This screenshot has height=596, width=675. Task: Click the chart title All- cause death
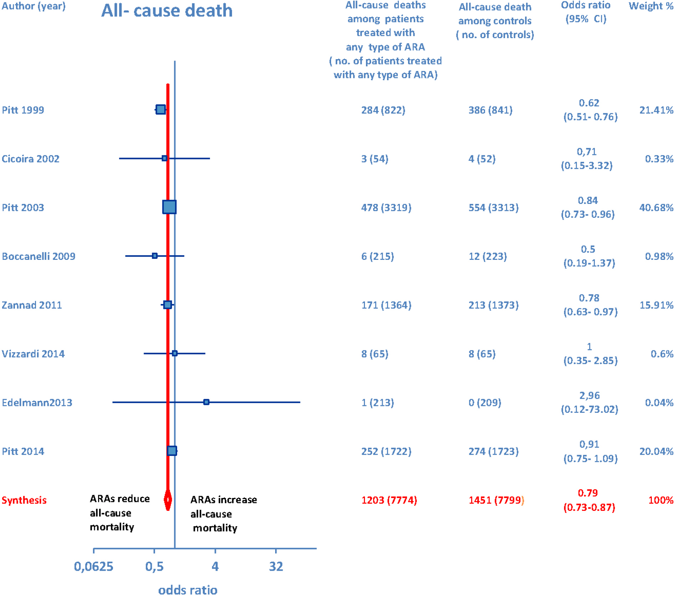(167, 11)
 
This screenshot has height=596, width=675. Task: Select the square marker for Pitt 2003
(169, 207)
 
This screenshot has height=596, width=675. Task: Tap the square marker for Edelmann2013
(206, 402)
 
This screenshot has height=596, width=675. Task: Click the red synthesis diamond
(168, 500)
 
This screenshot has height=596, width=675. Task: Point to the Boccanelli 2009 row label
(38, 256)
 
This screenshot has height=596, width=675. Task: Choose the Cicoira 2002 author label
(31, 159)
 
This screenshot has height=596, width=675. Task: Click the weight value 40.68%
(656, 207)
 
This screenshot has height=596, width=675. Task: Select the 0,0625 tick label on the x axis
(93, 566)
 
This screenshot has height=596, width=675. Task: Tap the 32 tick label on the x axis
(276, 566)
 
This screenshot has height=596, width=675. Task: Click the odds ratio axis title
(187, 590)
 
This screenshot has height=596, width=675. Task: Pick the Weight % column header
(650, 6)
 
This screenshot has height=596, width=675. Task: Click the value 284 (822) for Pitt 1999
(383, 110)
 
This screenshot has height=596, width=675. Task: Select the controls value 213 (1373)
(493, 305)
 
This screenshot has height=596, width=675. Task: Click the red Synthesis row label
(24, 500)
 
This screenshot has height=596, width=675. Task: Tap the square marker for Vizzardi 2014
(175, 353)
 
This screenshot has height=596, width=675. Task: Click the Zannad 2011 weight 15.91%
(656, 305)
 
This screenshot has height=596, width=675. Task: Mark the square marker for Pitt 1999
(161, 109)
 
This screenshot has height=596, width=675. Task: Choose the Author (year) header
(34, 6)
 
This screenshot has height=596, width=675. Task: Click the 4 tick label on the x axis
(215, 566)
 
